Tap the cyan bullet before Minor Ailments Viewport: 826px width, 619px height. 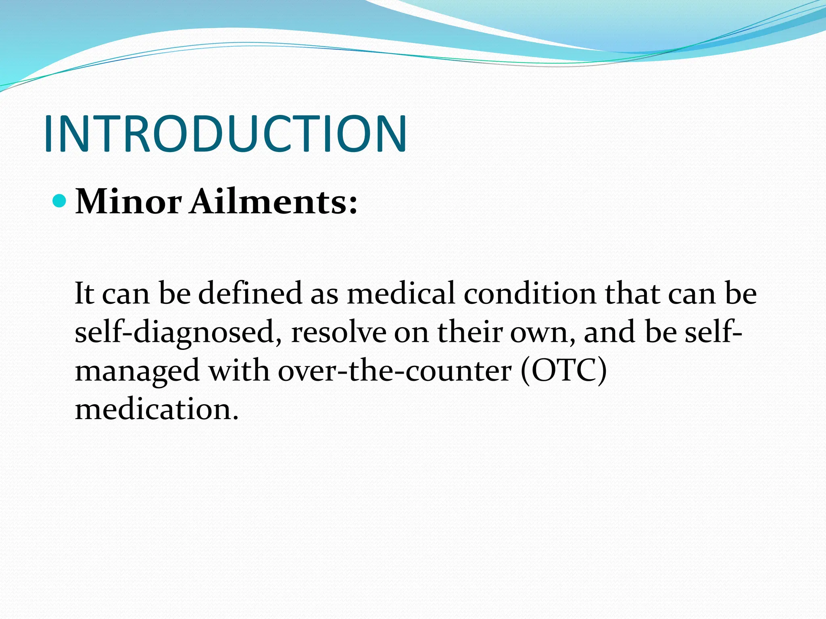tap(59, 200)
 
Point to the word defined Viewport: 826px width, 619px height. tap(250, 293)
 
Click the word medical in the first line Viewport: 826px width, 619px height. tap(401, 293)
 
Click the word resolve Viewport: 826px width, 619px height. tap(338, 332)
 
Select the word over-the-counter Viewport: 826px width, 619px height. tap(394, 371)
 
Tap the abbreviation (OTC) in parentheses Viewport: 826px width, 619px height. tap(563, 371)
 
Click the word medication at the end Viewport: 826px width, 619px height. tap(156, 409)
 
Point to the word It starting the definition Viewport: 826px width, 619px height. tap(84, 293)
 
